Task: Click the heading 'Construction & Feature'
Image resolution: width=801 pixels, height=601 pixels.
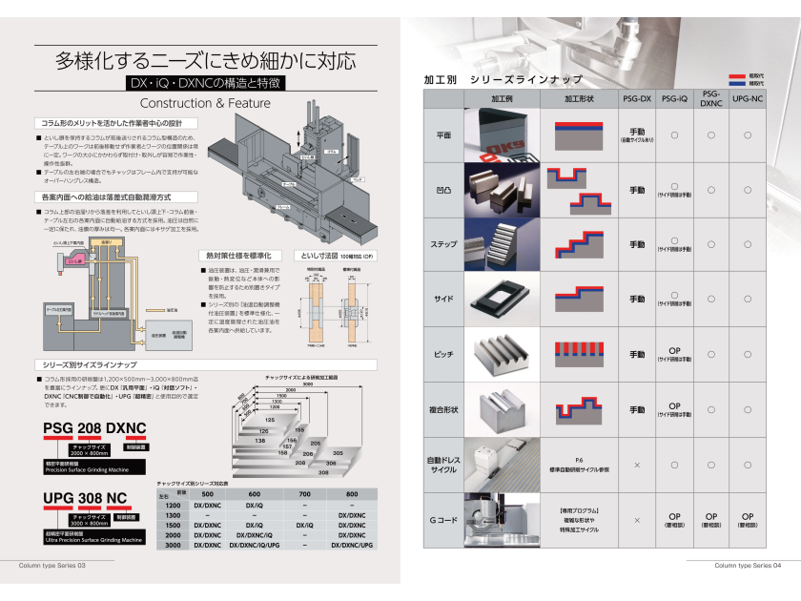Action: [205, 103]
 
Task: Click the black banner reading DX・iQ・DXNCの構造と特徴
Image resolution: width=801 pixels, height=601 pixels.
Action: [205, 83]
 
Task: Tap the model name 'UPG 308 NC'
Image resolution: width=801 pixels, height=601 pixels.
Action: [85, 498]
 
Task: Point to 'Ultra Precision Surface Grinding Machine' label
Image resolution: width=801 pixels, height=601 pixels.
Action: [93, 540]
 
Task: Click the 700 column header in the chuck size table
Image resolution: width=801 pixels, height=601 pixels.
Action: [304, 494]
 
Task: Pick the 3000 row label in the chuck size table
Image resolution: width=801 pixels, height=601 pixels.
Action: [173, 545]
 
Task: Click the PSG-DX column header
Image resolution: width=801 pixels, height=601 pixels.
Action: [637, 99]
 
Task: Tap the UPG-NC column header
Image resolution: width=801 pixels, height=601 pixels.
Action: [748, 99]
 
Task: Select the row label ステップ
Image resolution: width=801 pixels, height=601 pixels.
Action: [444, 244]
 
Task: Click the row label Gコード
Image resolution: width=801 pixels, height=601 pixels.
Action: [444, 520]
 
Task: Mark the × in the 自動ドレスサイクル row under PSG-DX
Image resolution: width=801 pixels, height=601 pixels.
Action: [637, 465]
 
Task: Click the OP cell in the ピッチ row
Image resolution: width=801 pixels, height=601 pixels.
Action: [673, 350]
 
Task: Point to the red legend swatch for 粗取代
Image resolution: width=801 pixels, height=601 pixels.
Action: [737, 74]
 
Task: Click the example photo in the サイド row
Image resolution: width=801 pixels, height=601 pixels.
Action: [502, 300]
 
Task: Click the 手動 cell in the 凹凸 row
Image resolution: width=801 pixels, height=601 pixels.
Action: [637, 190]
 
